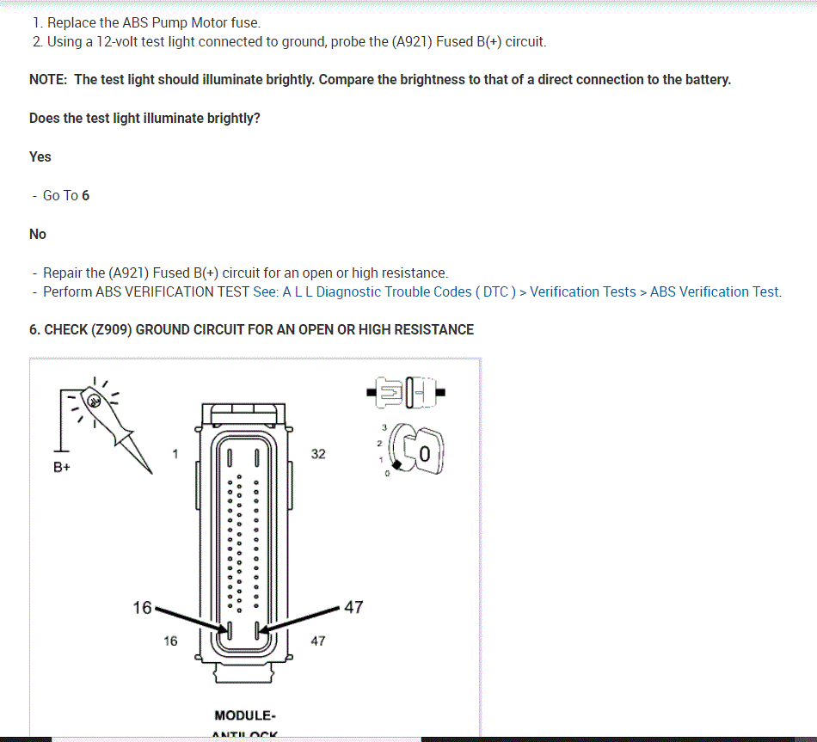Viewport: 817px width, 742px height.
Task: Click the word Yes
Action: tap(40, 156)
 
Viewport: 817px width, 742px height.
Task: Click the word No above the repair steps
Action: tap(38, 234)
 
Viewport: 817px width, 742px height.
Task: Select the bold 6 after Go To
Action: tap(85, 195)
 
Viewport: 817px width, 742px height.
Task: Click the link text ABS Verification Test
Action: tap(714, 291)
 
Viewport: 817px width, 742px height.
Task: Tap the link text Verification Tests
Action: tap(583, 291)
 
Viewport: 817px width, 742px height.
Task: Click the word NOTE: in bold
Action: tap(48, 79)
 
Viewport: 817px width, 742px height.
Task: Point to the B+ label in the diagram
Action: tap(61, 469)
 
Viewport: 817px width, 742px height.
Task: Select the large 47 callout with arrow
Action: tap(353, 608)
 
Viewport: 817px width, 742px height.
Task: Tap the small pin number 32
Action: tap(318, 454)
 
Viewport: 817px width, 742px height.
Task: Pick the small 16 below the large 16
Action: tap(170, 641)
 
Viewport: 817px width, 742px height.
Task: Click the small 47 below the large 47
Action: tap(318, 641)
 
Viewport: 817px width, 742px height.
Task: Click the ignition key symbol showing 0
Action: tap(421, 449)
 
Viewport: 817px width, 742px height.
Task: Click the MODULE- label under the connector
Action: tap(245, 715)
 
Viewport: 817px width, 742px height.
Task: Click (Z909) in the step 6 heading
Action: tap(111, 329)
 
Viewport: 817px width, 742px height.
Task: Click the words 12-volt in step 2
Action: tap(120, 41)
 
